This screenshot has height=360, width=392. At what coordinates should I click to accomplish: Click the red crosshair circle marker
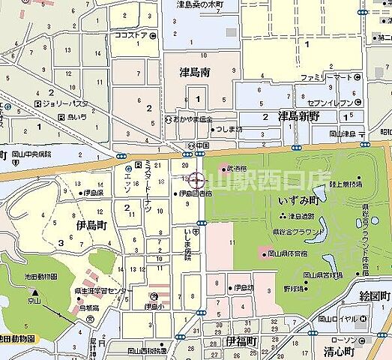pyautogui.click(x=196, y=181)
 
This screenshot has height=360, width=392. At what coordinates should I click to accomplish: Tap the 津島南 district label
pyautogui.click(x=194, y=73)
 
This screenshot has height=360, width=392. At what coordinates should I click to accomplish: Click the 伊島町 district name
pyautogui.click(x=91, y=223)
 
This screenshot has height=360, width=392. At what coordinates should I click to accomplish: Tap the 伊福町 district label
pyautogui.click(x=240, y=341)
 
